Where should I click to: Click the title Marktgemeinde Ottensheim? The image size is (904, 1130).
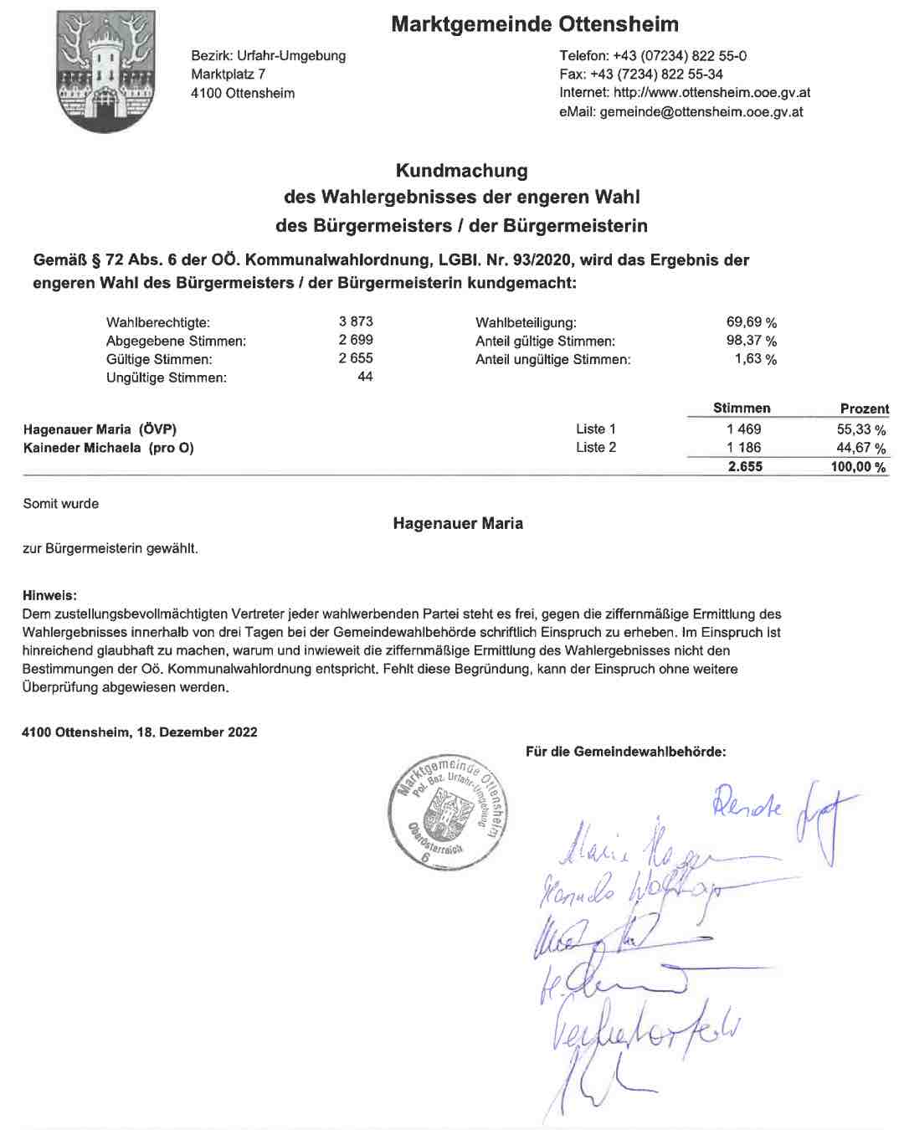[535, 24]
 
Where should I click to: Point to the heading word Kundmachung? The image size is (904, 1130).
[461, 171]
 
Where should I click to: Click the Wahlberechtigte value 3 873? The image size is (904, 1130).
[356, 321]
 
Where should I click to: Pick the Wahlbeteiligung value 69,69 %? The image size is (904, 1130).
[751, 322]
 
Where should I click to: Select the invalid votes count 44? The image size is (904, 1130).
[365, 377]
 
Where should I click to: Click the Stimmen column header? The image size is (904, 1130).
[742, 408]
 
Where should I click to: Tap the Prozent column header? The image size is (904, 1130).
[864, 408]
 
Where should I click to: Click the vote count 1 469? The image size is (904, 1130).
[744, 429]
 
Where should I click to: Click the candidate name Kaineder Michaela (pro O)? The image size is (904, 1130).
[109, 448]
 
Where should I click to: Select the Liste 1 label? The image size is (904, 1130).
[596, 429]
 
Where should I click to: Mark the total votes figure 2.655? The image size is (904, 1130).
[745, 467]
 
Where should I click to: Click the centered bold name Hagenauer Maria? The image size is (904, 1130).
[458, 524]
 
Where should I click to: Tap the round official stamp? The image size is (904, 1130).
[449, 811]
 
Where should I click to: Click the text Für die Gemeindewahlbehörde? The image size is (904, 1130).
[625, 752]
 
